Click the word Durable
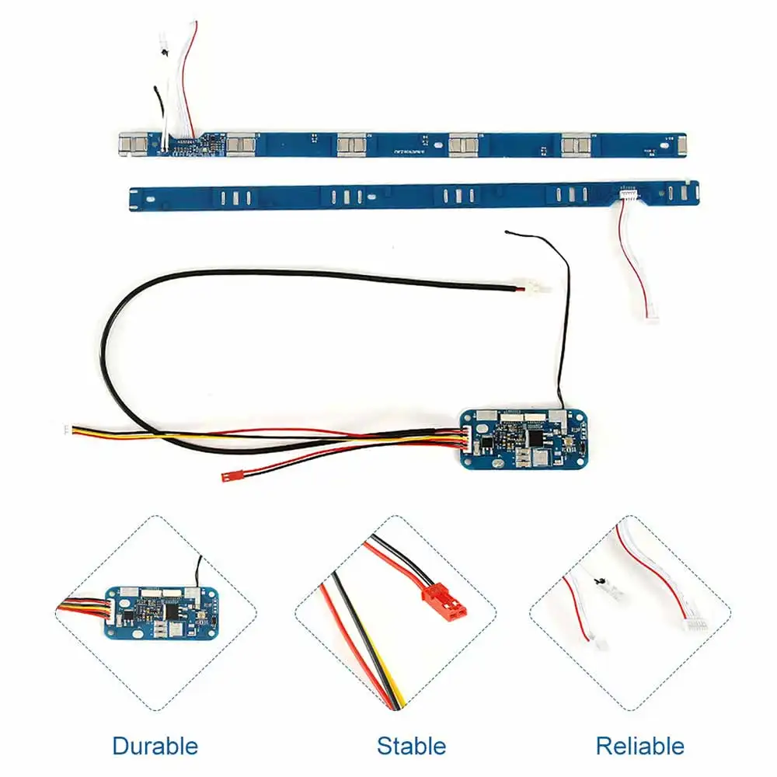coord(155,747)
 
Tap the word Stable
coord(411,747)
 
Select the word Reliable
coord(639,747)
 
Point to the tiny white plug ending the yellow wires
coord(67,430)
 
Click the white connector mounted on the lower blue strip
coord(629,197)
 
